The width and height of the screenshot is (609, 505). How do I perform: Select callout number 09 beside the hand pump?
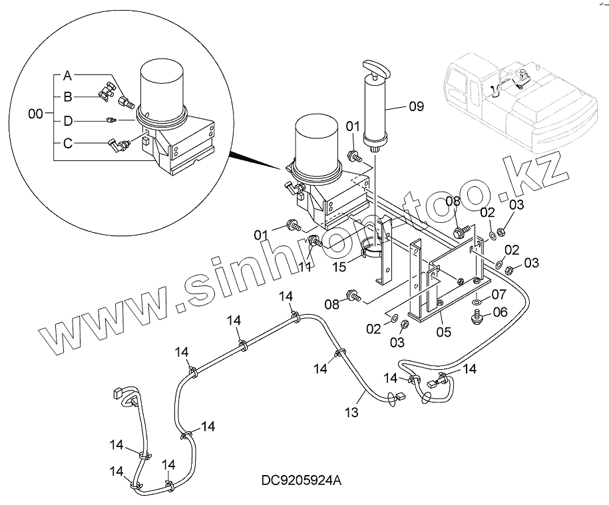pyautogui.click(x=416, y=106)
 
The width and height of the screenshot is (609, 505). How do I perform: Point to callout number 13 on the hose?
pyautogui.click(x=352, y=413)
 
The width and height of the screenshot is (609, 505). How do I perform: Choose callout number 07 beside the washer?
pyautogui.click(x=499, y=294)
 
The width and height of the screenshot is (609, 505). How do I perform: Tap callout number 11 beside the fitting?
pyautogui.click(x=305, y=267)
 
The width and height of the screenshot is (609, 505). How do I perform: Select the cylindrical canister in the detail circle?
pyautogui.click(x=164, y=92)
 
